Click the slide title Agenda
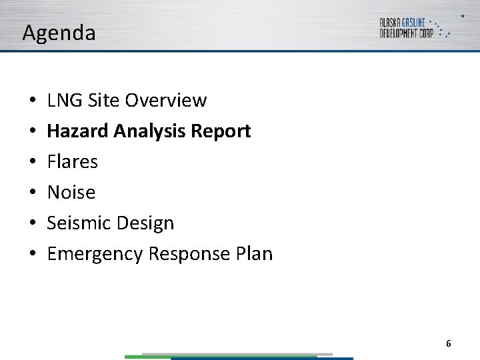pos(59,33)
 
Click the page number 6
pos(448,343)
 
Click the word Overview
pos(166,101)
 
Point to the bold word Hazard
pos(78,131)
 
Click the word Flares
pos(73,162)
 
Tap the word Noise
pos(71,193)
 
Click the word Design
pos(143,223)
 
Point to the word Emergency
pos(95,254)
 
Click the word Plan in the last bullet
pos(254,254)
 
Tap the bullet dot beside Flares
pos(33,163)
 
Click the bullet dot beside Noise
pos(33,193)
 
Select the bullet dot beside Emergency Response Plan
pos(33,255)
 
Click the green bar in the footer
pos(147,357)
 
